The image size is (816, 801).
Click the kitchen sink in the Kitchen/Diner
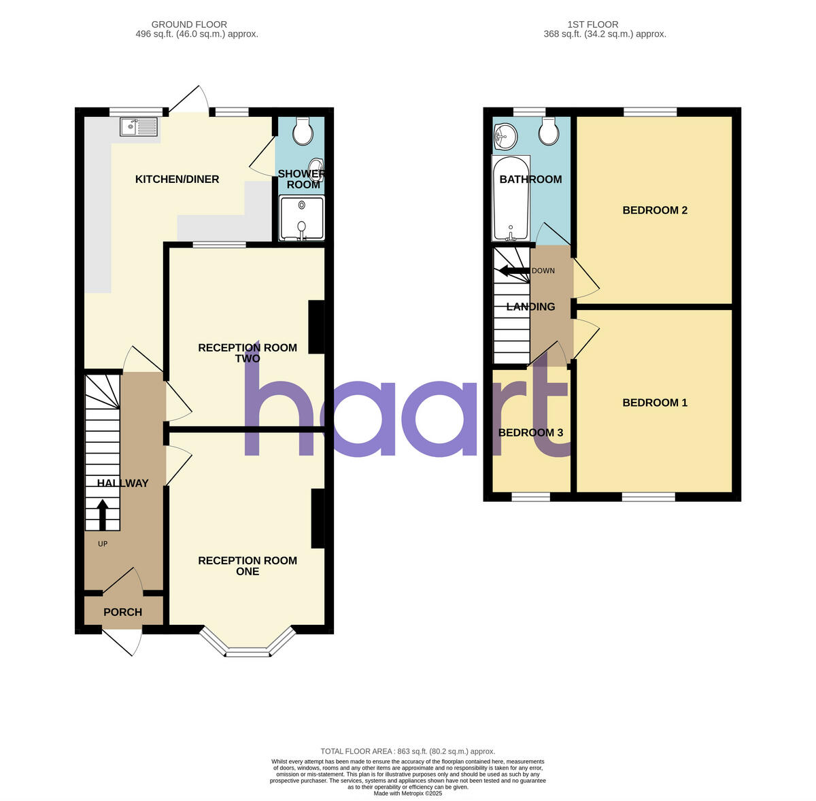[x=139, y=126]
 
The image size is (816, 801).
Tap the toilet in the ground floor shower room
[x=301, y=130]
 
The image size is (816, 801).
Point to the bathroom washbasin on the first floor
[x=504, y=135]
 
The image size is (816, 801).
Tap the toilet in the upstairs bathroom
[x=547, y=130]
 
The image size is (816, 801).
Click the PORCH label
[x=123, y=612]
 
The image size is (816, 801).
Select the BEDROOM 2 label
[x=655, y=210]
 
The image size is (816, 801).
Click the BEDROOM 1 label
[x=655, y=403]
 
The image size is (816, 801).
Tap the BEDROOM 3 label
[x=530, y=432]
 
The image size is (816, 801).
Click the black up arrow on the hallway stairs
[x=103, y=515]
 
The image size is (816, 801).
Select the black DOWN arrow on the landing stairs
[x=515, y=271]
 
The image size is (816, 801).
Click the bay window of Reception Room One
[x=248, y=649]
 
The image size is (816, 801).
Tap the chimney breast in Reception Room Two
[x=316, y=327]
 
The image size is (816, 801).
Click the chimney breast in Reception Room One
[x=318, y=518]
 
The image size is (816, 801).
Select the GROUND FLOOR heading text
[x=189, y=24]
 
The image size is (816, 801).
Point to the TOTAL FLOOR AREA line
[x=408, y=751]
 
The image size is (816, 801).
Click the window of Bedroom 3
[x=530, y=497]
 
